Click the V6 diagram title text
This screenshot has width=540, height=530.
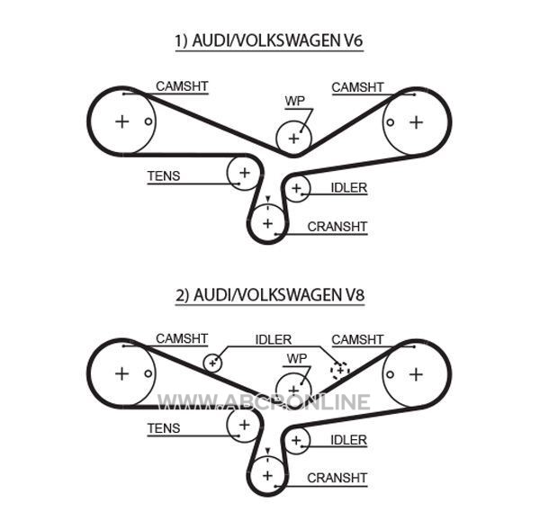click(269, 40)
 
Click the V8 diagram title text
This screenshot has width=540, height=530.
click(270, 295)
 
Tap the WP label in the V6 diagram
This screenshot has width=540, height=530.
click(295, 101)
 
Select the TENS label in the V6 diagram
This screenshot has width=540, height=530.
click(164, 176)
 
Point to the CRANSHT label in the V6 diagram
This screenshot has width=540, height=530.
click(337, 227)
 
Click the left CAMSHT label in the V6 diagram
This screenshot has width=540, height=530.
click(182, 86)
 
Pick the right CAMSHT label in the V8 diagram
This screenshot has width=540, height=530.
click(357, 339)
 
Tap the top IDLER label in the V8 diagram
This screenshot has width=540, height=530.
click(274, 339)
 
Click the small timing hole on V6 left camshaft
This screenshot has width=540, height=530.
click(148, 121)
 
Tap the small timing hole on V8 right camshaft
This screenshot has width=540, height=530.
click(391, 374)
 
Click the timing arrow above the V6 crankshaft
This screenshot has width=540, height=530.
click(268, 199)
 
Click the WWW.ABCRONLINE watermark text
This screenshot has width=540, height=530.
click(264, 402)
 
